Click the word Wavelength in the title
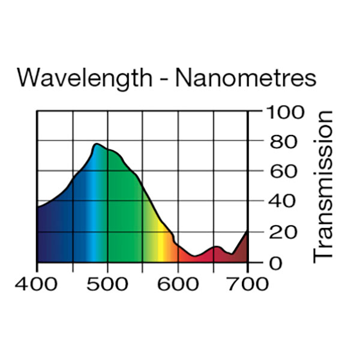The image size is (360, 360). (x=83, y=79)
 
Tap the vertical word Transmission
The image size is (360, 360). (x=323, y=186)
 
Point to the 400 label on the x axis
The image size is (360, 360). (x=37, y=283)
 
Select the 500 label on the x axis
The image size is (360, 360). (x=107, y=283)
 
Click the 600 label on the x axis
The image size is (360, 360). (x=178, y=283)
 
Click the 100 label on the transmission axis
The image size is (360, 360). (x=281, y=112)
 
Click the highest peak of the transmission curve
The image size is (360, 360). (x=96, y=144)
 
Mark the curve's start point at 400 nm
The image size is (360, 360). (x=38, y=208)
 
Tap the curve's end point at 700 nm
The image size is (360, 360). (x=247, y=231)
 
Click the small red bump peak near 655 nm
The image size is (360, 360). (x=217, y=247)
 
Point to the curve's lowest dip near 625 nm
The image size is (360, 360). (x=195, y=257)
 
